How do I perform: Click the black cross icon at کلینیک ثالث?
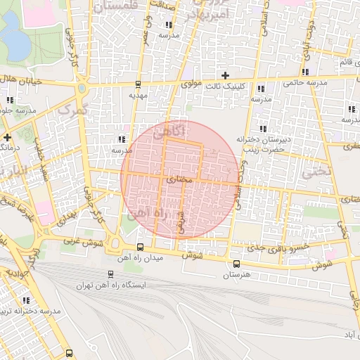[x=225, y=75]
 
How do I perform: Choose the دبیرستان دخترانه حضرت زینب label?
[x=262, y=145]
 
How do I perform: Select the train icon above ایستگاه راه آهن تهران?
[x=110, y=274]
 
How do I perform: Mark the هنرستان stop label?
[x=236, y=274]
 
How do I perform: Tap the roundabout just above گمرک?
[x=82, y=91]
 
